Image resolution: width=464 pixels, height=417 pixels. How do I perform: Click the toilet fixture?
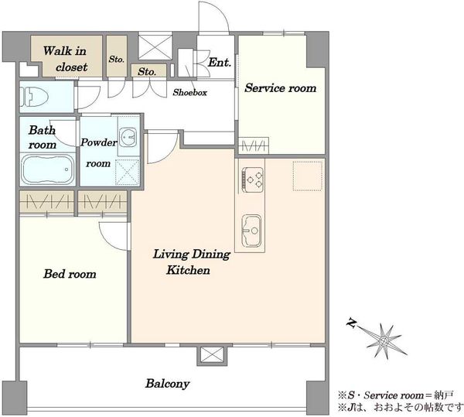pos(34,97)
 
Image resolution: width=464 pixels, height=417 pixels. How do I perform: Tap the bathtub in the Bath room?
pos(47,169)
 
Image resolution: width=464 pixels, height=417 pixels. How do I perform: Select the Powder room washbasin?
pos(128,137)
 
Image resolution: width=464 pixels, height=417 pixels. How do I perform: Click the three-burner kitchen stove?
pos(252,178)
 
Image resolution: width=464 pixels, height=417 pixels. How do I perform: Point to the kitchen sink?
pos(252,231)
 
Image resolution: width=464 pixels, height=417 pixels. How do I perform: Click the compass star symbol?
pos(384,341)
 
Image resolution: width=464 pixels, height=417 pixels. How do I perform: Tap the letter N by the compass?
pos(351,323)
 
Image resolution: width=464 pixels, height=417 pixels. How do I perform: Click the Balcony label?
pos(168,384)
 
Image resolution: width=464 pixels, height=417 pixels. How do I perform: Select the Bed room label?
pos(70,274)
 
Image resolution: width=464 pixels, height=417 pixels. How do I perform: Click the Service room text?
pos(280,88)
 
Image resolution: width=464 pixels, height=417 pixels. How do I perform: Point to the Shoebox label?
pos(190,92)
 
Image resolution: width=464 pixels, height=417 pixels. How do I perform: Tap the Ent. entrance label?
pos(220,63)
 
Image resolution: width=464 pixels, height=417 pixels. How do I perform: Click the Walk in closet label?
pos(66,59)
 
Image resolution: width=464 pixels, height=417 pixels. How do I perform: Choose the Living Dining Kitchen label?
pos(191,262)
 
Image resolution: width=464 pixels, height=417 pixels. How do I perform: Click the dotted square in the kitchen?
pos(308,176)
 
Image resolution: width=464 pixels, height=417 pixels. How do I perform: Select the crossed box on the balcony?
pos(212,355)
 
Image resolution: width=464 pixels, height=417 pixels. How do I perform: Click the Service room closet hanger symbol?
pos(254,145)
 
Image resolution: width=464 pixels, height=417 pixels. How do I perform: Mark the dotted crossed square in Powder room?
pos(128,173)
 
